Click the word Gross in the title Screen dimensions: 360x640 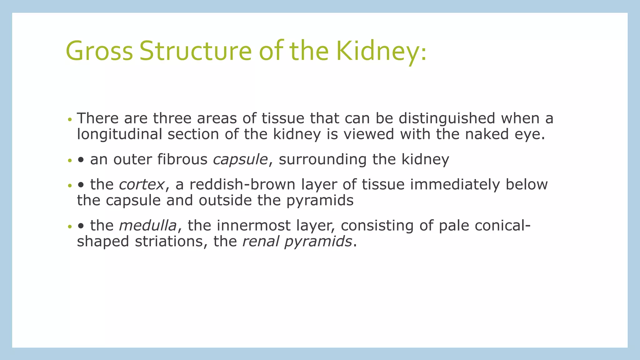tap(99, 51)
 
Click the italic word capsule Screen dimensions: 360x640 tap(240, 160)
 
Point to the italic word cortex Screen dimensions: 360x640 tap(142, 185)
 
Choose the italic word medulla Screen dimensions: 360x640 tap(147, 226)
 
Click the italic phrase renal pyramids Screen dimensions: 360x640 tap(297, 242)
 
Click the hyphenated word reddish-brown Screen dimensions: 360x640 tap(242, 185)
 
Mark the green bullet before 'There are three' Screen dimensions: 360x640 tap(70, 120)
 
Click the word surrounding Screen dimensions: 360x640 tap(322, 160)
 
